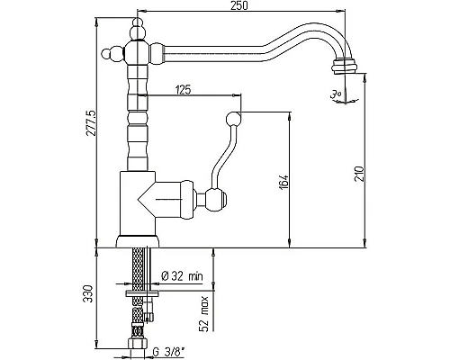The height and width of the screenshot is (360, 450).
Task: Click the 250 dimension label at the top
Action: [x=239, y=5]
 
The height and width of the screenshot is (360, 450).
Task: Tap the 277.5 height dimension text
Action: [x=91, y=123]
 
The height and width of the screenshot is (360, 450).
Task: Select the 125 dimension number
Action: [x=183, y=89]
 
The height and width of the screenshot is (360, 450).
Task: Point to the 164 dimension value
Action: [x=283, y=182]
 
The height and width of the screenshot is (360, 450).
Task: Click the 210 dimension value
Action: [x=359, y=174]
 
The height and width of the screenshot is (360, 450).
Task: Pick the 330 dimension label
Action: [x=88, y=293]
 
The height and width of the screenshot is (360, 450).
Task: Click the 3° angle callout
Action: [x=336, y=95]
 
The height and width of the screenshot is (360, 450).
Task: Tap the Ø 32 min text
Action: [x=182, y=276]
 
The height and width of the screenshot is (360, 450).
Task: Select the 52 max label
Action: [x=204, y=314]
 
